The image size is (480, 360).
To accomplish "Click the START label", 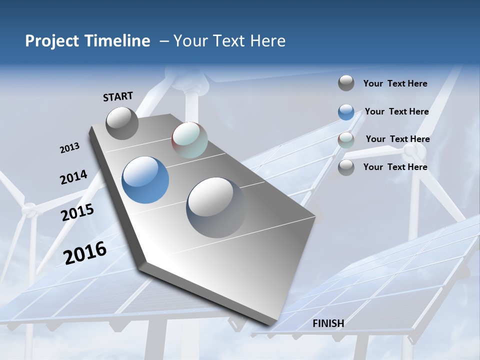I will tap(118, 96).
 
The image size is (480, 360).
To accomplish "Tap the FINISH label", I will tap(328, 323).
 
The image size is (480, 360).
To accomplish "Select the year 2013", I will tap(69, 148).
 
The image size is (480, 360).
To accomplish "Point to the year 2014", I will tap(73, 177).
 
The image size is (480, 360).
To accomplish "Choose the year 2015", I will tap(77, 212).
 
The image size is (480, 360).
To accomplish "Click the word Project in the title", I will tap(51, 41).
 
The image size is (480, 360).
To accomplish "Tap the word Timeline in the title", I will tap(120, 41).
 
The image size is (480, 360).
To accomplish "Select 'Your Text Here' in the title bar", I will tap(229, 41).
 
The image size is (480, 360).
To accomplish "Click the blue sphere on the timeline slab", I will tap(145, 180).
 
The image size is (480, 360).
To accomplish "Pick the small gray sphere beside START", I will tap(122, 123).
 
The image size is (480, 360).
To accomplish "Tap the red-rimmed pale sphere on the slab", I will tap(189, 140).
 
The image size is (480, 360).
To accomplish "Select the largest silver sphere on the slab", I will tap(216, 207).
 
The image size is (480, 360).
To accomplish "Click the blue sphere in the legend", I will tap(346, 112).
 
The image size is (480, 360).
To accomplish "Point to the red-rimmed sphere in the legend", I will tap(346, 140).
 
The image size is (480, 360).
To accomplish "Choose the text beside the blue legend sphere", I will tap(396, 111).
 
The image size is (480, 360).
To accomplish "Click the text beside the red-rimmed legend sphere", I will tap(397, 139).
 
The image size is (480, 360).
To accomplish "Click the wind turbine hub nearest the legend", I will tap(411, 150).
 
